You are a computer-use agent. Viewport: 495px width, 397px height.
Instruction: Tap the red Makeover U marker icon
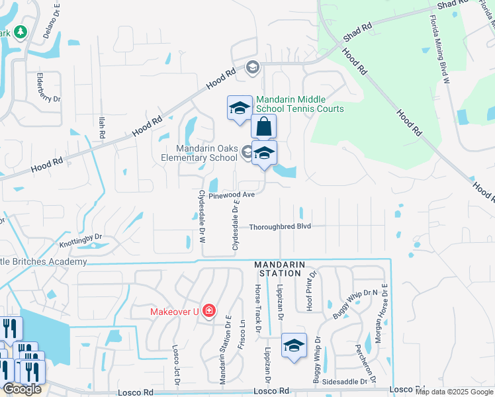tap(209, 310)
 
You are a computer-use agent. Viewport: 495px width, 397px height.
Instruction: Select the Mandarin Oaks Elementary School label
tap(199, 153)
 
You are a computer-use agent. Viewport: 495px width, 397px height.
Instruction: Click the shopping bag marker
tap(263, 126)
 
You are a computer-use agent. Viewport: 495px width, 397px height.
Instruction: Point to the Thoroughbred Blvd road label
tap(280, 226)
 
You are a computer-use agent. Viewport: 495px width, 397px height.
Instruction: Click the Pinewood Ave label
tap(232, 195)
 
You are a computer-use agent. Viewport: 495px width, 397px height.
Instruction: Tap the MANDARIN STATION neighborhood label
tap(280, 269)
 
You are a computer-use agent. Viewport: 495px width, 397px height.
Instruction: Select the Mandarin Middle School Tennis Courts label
tap(300, 104)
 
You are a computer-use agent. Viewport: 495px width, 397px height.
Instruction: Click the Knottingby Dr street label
tap(81, 240)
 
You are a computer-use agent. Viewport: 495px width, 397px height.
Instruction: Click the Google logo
tap(22, 389)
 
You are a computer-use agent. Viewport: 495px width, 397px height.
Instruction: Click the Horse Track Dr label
tap(259, 309)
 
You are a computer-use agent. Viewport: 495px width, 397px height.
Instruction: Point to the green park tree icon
tap(21, 32)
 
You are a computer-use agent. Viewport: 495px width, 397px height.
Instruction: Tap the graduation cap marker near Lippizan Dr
tap(294, 345)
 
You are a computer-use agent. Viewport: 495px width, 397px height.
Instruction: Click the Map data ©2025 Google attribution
tap(455, 392)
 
